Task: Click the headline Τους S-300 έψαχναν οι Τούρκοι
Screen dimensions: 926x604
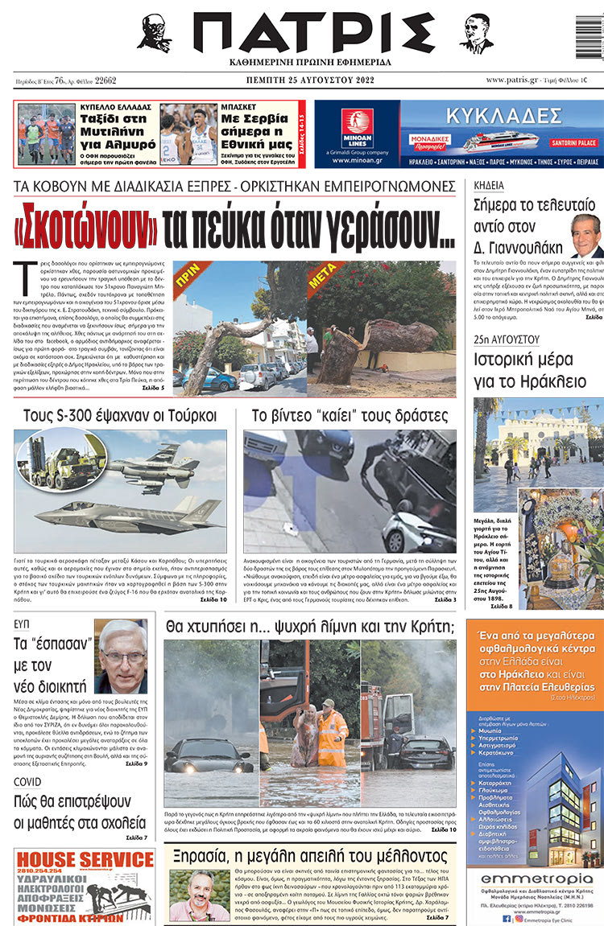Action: click(120, 416)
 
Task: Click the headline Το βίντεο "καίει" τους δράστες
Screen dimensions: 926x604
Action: click(350, 416)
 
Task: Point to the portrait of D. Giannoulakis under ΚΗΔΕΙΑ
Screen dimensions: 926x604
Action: click(585, 235)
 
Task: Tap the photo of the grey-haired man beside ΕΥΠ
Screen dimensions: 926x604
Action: click(122, 656)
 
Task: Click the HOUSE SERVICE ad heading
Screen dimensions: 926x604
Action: click(79, 860)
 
